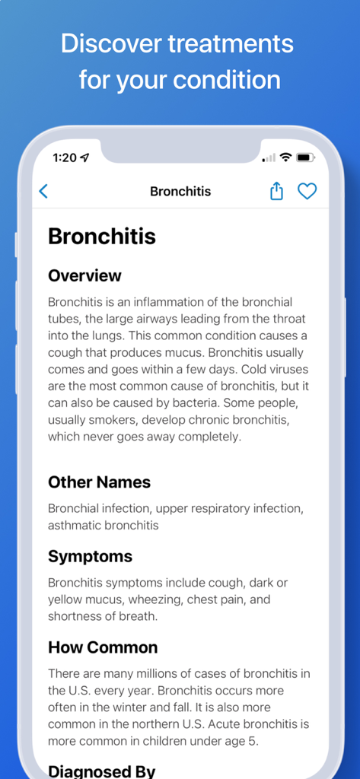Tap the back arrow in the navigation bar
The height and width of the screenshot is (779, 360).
pos(43,192)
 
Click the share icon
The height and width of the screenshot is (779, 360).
pos(277,191)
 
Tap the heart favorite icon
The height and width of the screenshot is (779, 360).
pos(307,191)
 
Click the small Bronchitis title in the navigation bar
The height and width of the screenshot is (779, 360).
pos(180,192)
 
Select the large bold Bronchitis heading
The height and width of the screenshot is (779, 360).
pos(102,237)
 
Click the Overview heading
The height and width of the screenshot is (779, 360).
pos(84,275)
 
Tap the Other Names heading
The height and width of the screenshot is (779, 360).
pos(99,482)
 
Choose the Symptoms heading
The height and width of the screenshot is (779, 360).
pos(90,557)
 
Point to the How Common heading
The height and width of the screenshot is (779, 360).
pos(103,647)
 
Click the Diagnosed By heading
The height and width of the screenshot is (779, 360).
pos(101,771)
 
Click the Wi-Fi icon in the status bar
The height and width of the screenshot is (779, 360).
pos(285,157)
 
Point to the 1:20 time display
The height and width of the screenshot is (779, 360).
pos(65,157)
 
